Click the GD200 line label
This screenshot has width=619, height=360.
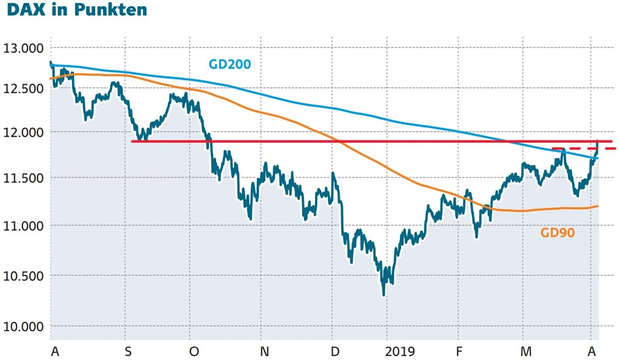click(229, 64)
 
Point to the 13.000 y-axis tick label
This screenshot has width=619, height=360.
click(24, 48)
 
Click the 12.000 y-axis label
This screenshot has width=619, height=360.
click(24, 132)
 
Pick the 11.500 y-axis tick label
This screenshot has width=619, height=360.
click(24, 178)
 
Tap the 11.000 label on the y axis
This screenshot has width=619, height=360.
click(24, 226)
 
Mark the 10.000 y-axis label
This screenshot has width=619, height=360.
click(24, 327)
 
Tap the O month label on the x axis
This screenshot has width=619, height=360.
click(194, 351)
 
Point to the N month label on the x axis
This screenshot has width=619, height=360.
click(264, 351)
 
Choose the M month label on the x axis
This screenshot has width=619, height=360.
click(526, 351)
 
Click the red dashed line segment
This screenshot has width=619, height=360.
click(582, 149)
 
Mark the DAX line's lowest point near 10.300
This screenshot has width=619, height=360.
click(384, 294)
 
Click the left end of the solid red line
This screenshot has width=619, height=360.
click(133, 142)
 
